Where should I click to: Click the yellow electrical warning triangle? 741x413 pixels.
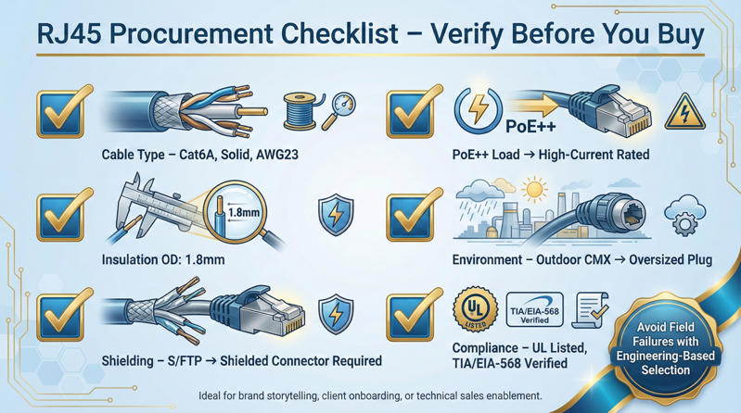(684, 111)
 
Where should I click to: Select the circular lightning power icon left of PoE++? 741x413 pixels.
(479, 111)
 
